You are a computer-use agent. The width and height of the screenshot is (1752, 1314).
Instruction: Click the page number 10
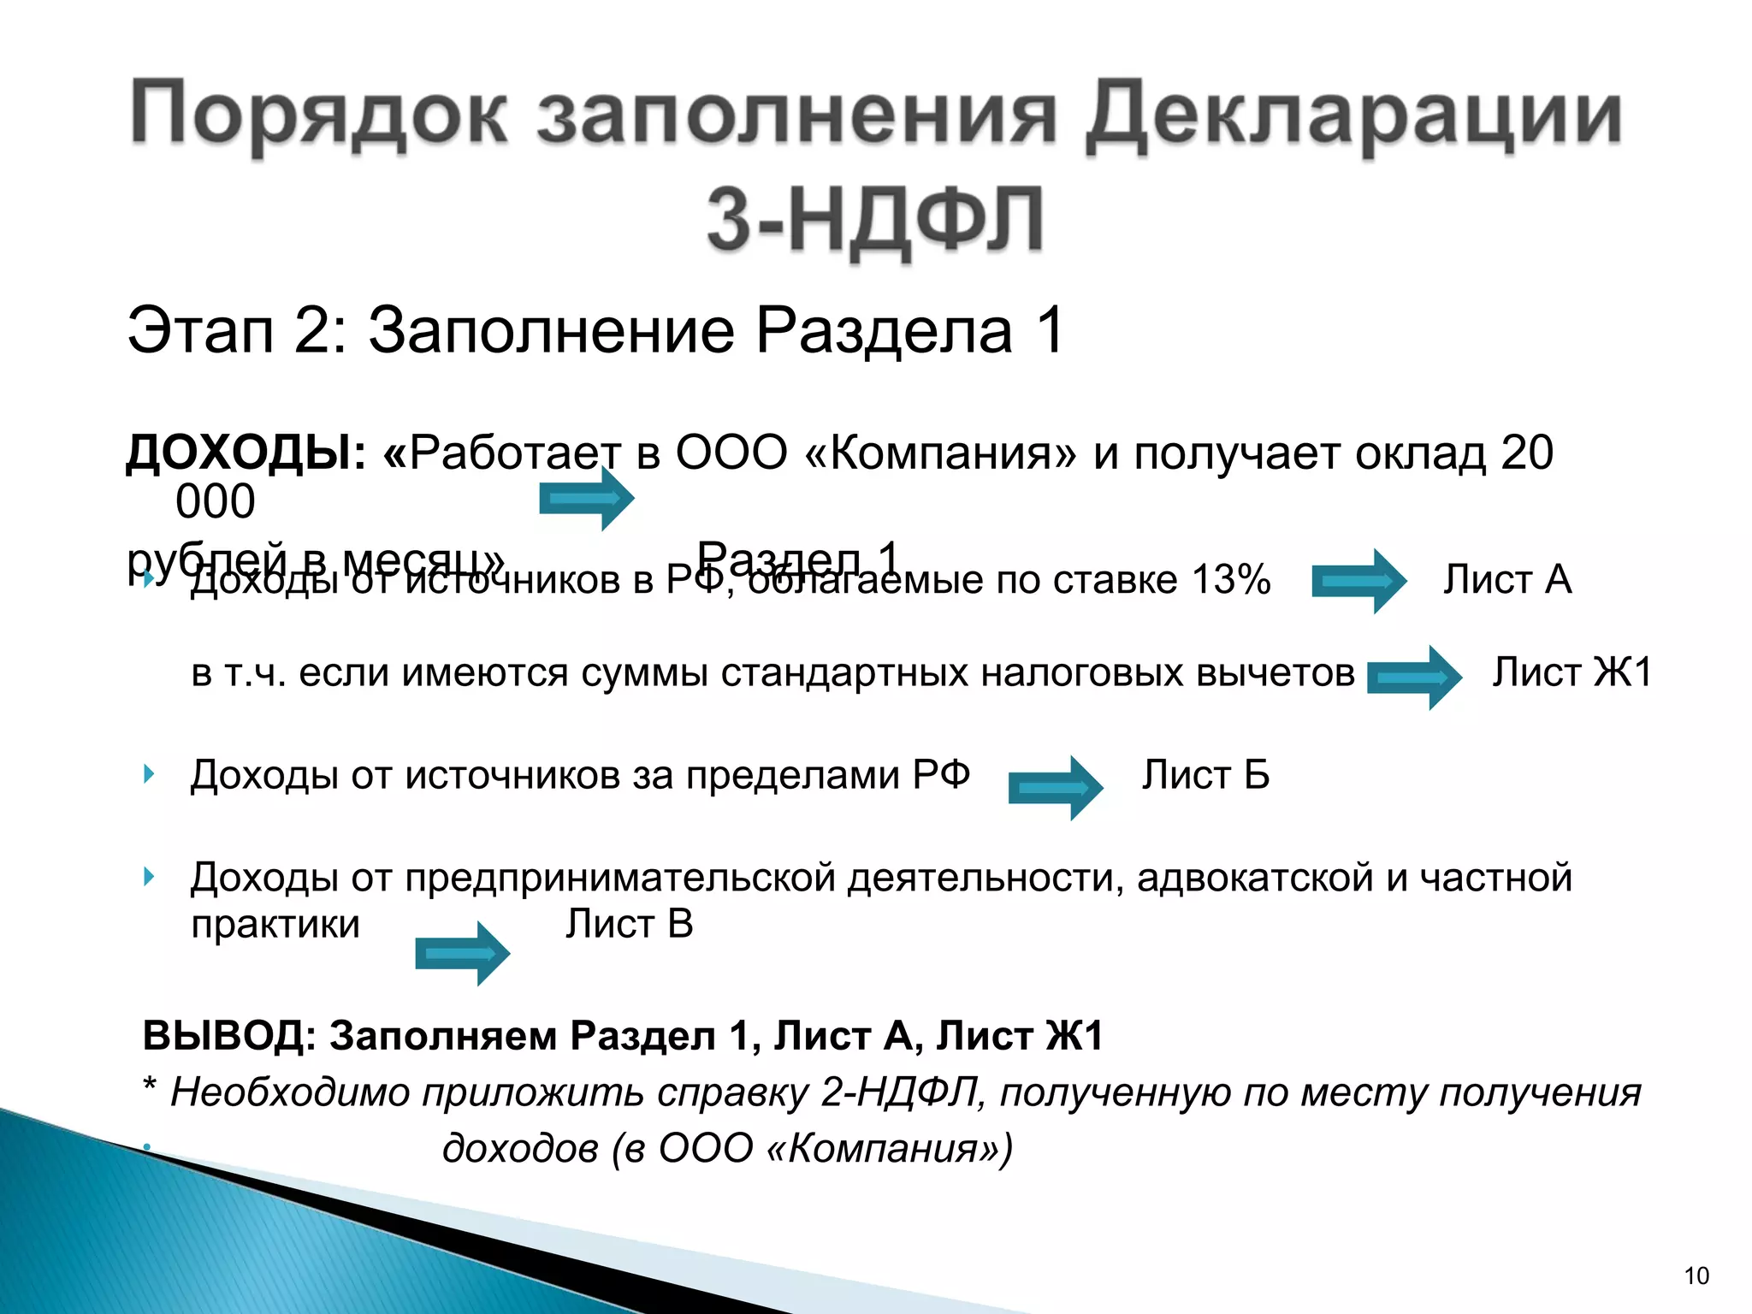[x=1696, y=1276]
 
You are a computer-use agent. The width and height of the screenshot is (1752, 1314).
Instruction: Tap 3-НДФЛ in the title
[x=874, y=219]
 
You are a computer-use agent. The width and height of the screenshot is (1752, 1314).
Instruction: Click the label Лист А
[x=1507, y=579]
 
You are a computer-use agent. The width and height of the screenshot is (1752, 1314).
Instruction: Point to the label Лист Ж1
[x=1571, y=672]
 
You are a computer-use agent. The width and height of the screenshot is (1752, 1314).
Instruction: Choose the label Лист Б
[x=1205, y=775]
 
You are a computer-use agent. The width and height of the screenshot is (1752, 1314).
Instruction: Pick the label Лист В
[x=629, y=924]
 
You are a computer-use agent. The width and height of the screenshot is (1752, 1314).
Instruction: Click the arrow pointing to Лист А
[x=1358, y=582]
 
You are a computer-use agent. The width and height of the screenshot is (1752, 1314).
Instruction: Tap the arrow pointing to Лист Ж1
[x=1414, y=678]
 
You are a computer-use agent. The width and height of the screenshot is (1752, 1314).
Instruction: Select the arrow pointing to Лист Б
[x=1055, y=788]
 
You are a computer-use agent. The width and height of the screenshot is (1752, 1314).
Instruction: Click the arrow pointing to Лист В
[x=462, y=953]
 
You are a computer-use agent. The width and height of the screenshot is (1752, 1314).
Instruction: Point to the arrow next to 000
[x=585, y=498]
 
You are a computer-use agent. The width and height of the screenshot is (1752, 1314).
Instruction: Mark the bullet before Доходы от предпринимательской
[x=150, y=876]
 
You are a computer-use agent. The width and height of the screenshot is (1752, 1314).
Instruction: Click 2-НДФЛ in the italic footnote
[x=898, y=1092]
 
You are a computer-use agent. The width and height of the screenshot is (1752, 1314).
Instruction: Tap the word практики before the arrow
[x=275, y=925]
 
